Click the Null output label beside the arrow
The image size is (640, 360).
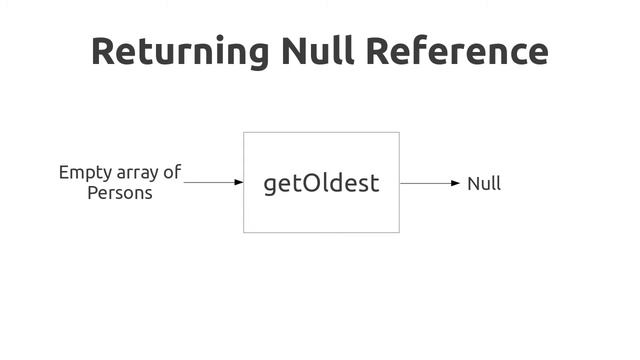484,184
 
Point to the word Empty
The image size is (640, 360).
85,173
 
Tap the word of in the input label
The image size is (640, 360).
172,172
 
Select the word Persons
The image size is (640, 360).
120,193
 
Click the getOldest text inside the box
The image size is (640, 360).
321,184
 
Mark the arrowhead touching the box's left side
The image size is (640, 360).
239,183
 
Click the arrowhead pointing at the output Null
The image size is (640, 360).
456,183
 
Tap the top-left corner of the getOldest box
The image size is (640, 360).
244,132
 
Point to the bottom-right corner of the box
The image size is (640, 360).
399,232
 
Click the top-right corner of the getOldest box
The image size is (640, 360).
399,132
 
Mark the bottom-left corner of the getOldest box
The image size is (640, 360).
244,232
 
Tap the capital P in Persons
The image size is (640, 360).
93,193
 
